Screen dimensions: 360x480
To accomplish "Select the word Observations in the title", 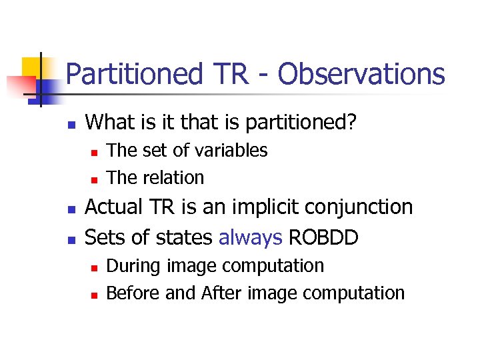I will coord(361,74).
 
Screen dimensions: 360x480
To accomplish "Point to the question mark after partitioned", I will coord(351,121).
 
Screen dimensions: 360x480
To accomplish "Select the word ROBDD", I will coord(321,237).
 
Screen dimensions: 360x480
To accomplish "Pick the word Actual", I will coord(113,207).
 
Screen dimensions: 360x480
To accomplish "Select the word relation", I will coord(173,178).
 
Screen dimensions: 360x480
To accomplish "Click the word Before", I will coord(133,293).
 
